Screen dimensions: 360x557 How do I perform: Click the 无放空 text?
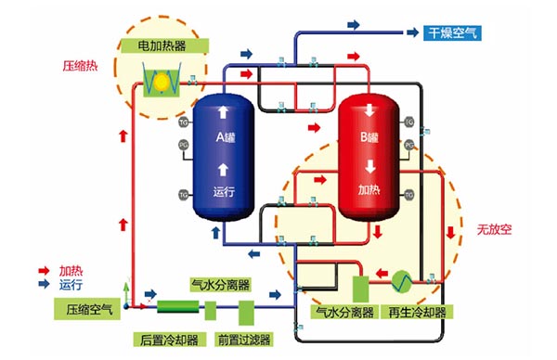[x=494, y=228]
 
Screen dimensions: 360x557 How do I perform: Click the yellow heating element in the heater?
[x=160, y=83]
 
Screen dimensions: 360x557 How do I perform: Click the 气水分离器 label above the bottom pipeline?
[x=219, y=285]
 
